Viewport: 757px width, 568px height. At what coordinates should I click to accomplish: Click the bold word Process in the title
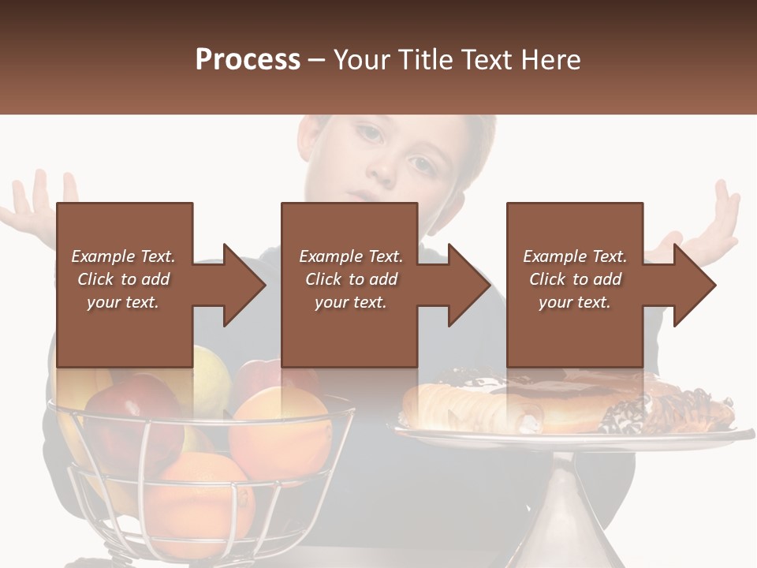(x=248, y=60)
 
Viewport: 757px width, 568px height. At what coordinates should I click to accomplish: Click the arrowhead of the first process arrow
(x=244, y=285)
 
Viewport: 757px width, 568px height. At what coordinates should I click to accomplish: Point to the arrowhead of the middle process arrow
(x=469, y=285)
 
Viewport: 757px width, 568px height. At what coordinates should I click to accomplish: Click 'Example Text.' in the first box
(x=123, y=256)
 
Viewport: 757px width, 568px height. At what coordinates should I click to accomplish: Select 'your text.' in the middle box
(x=350, y=302)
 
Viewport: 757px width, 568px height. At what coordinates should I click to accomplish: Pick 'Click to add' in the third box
(x=575, y=279)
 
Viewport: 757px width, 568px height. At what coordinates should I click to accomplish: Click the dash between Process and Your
(x=316, y=60)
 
